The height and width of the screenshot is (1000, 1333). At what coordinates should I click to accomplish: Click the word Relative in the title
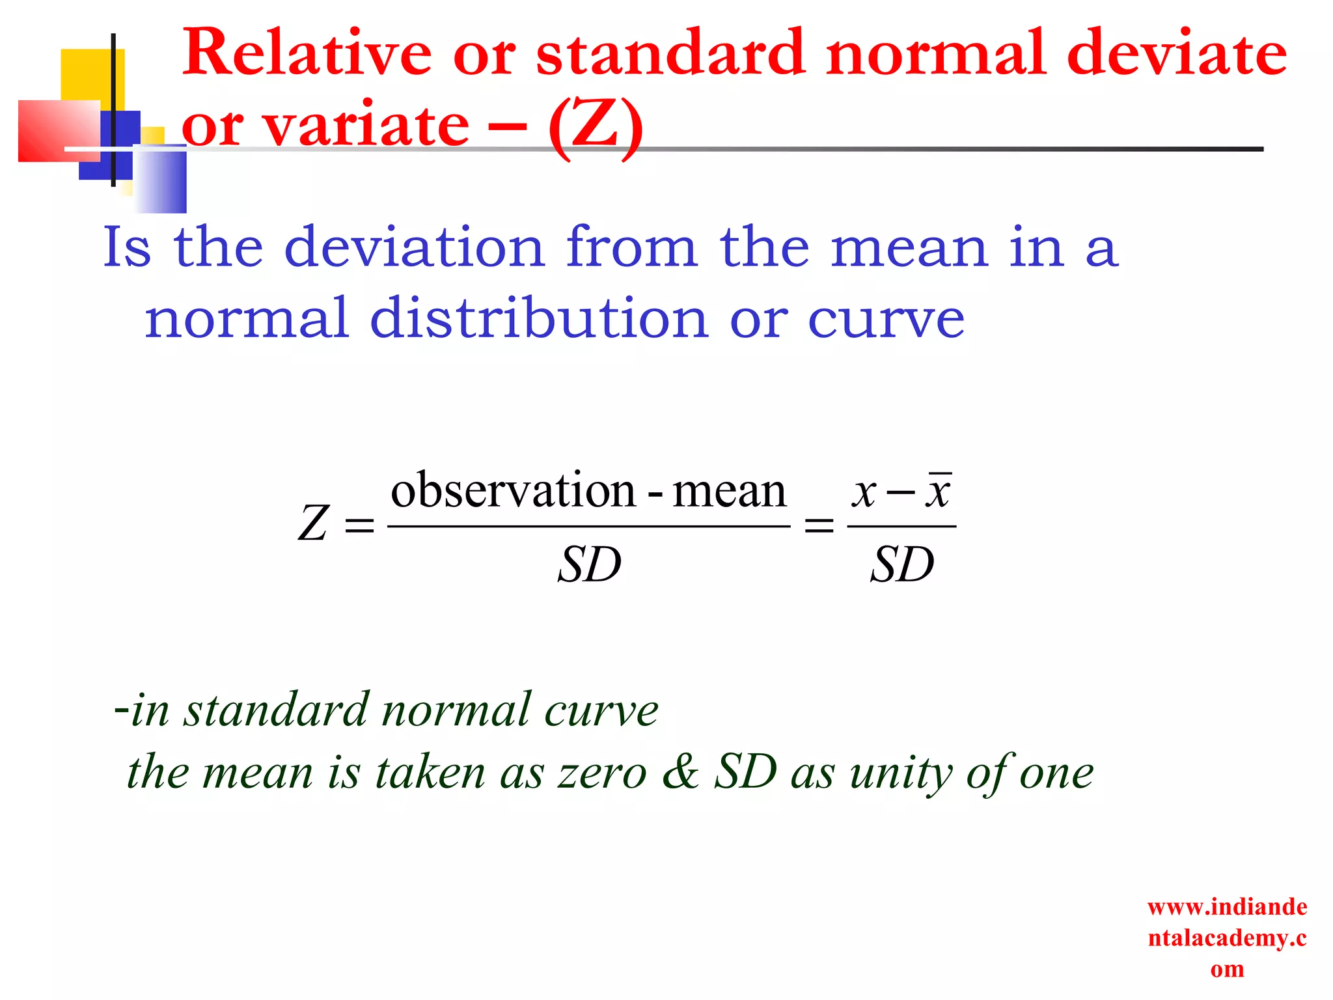[x=307, y=53]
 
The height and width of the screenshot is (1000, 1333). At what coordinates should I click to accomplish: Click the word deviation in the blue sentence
[x=414, y=248]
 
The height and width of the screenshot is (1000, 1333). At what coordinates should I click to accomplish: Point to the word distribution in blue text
[x=538, y=319]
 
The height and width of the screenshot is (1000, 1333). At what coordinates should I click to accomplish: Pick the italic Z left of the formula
[x=314, y=523]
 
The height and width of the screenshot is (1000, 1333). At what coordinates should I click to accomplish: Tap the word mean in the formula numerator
[x=729, y=492]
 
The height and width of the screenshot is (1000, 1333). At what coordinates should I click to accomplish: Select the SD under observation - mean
[x=590, y=564]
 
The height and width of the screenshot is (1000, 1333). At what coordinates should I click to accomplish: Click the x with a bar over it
[x=939, y=492]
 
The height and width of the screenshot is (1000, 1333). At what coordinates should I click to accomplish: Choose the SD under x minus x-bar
[x=902, y=564]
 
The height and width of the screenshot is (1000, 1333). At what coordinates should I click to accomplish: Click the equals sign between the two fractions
[x=819, y=525]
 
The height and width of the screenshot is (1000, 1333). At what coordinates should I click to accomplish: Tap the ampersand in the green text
[x=680, y=772]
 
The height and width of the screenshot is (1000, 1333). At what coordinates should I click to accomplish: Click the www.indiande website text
[x=1227, y=907]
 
